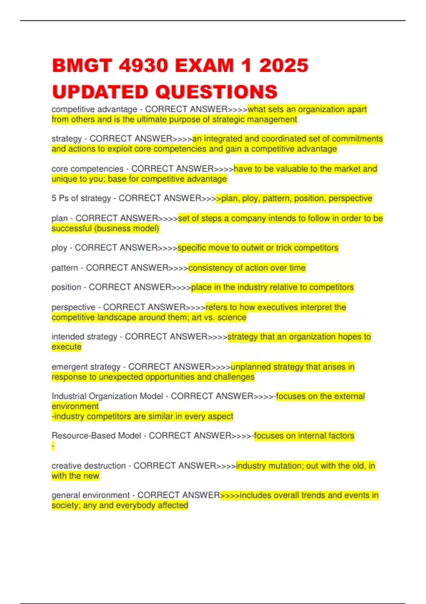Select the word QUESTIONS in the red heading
tap(216, 92)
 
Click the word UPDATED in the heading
tap(100, 92)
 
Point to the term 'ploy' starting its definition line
tap(59, 248)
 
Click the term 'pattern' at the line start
tap(65, 268)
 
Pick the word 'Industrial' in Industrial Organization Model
tap(69, 396)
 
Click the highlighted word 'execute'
tap(66, 347)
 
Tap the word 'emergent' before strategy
tap(68, 367)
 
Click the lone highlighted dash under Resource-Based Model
tap(53, 446)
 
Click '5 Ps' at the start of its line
tap(60, 198)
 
